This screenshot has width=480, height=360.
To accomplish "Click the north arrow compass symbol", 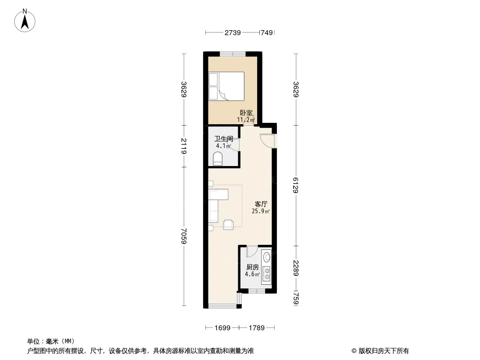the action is pyautogui.click(x=25, y=21).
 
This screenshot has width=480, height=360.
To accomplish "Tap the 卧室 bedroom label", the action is pyautogui.click(x=246, y=113).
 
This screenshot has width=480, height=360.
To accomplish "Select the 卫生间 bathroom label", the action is pyautogui.click(x=223, y=139).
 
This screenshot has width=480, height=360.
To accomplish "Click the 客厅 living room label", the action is pyautogui.click(x=261, y=204).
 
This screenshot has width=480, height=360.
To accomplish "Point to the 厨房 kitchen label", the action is pyautogui.click(x=253, y=267).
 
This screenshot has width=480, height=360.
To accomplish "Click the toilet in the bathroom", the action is pyautogui.click(x=217, y=159).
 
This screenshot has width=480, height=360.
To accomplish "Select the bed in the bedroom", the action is pyautogui.click(x=226, y=86).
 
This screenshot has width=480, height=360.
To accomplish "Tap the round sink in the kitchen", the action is pyautogui.click(x=267, y=256).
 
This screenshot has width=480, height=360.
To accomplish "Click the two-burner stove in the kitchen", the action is pyautogui.click(x=267, y=274).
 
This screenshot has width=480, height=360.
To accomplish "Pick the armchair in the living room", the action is pyautogui.click(x=228, y=225).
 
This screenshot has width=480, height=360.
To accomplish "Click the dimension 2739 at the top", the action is pyautogui.click(x=233, y=32).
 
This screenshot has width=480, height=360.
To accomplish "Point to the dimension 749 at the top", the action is pyautogui.click(x=266, y=32).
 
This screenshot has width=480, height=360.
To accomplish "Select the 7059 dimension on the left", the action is pyautogui.click(x=184, y=236).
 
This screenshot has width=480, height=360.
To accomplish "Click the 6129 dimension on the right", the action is pyautogui.click(x=295, y=185).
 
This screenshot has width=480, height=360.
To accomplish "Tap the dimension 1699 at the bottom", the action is pyautogui.click(x=222, y=328).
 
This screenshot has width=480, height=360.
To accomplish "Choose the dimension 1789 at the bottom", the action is pyautogui.click(x=257, y=328).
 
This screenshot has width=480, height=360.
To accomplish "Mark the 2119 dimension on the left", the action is pyautogui.click(x=184, y=146).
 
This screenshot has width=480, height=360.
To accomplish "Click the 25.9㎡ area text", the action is pyautogui.click(x=261, y=211).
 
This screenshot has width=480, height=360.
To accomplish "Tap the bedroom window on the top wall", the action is pyautogui.click(x=233, y=54).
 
